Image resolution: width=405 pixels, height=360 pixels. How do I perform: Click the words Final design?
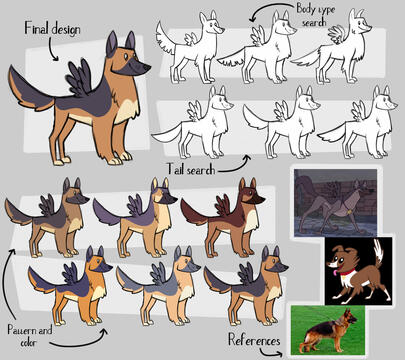coord(52,28)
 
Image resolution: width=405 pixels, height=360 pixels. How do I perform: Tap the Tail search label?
coord(191,169)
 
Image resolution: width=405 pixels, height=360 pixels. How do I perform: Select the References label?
coord(254,340)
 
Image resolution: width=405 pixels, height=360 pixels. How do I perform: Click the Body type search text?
coord(315,15)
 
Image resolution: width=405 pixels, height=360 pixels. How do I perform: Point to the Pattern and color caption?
coord(30,336)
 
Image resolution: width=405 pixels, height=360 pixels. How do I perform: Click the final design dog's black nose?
coord(146,68)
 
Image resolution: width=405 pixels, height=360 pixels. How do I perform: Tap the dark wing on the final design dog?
coord(79,78)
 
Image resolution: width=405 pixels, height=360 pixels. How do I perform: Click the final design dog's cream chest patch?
coord(127,112)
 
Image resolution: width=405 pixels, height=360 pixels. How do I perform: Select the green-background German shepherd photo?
coord(328,330)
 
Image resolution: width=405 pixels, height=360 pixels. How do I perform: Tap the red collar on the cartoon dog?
coord(348,274)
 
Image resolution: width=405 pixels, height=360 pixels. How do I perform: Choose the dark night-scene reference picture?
coord(335,203)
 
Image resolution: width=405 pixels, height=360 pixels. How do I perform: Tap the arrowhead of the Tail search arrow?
coord(247,158)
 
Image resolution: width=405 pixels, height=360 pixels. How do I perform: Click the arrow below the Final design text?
coord(51,49)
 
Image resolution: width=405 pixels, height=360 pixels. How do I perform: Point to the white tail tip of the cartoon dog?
coord(379,249)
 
